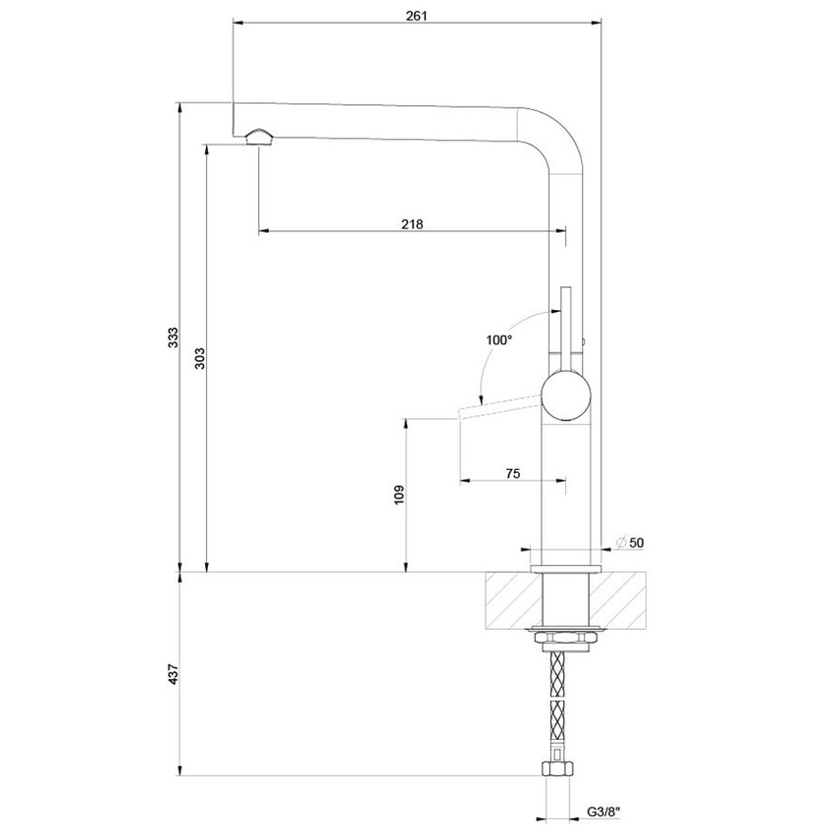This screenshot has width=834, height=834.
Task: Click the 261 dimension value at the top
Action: (x=417, y=15)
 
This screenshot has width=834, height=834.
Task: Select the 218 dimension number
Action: (x=412, y=224)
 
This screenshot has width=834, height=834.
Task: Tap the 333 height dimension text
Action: (x=173, y=338)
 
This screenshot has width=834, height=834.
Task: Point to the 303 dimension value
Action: (x=199, y=357)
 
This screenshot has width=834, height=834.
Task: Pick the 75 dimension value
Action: (x=512, y=473)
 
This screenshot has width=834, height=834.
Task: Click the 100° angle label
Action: (x=498, y=339)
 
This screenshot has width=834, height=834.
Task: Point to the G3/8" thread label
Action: (x=602, y=811)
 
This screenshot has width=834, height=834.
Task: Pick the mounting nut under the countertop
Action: (x=565, y=639)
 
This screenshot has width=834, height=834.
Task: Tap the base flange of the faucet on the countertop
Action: (x=565, y=568)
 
